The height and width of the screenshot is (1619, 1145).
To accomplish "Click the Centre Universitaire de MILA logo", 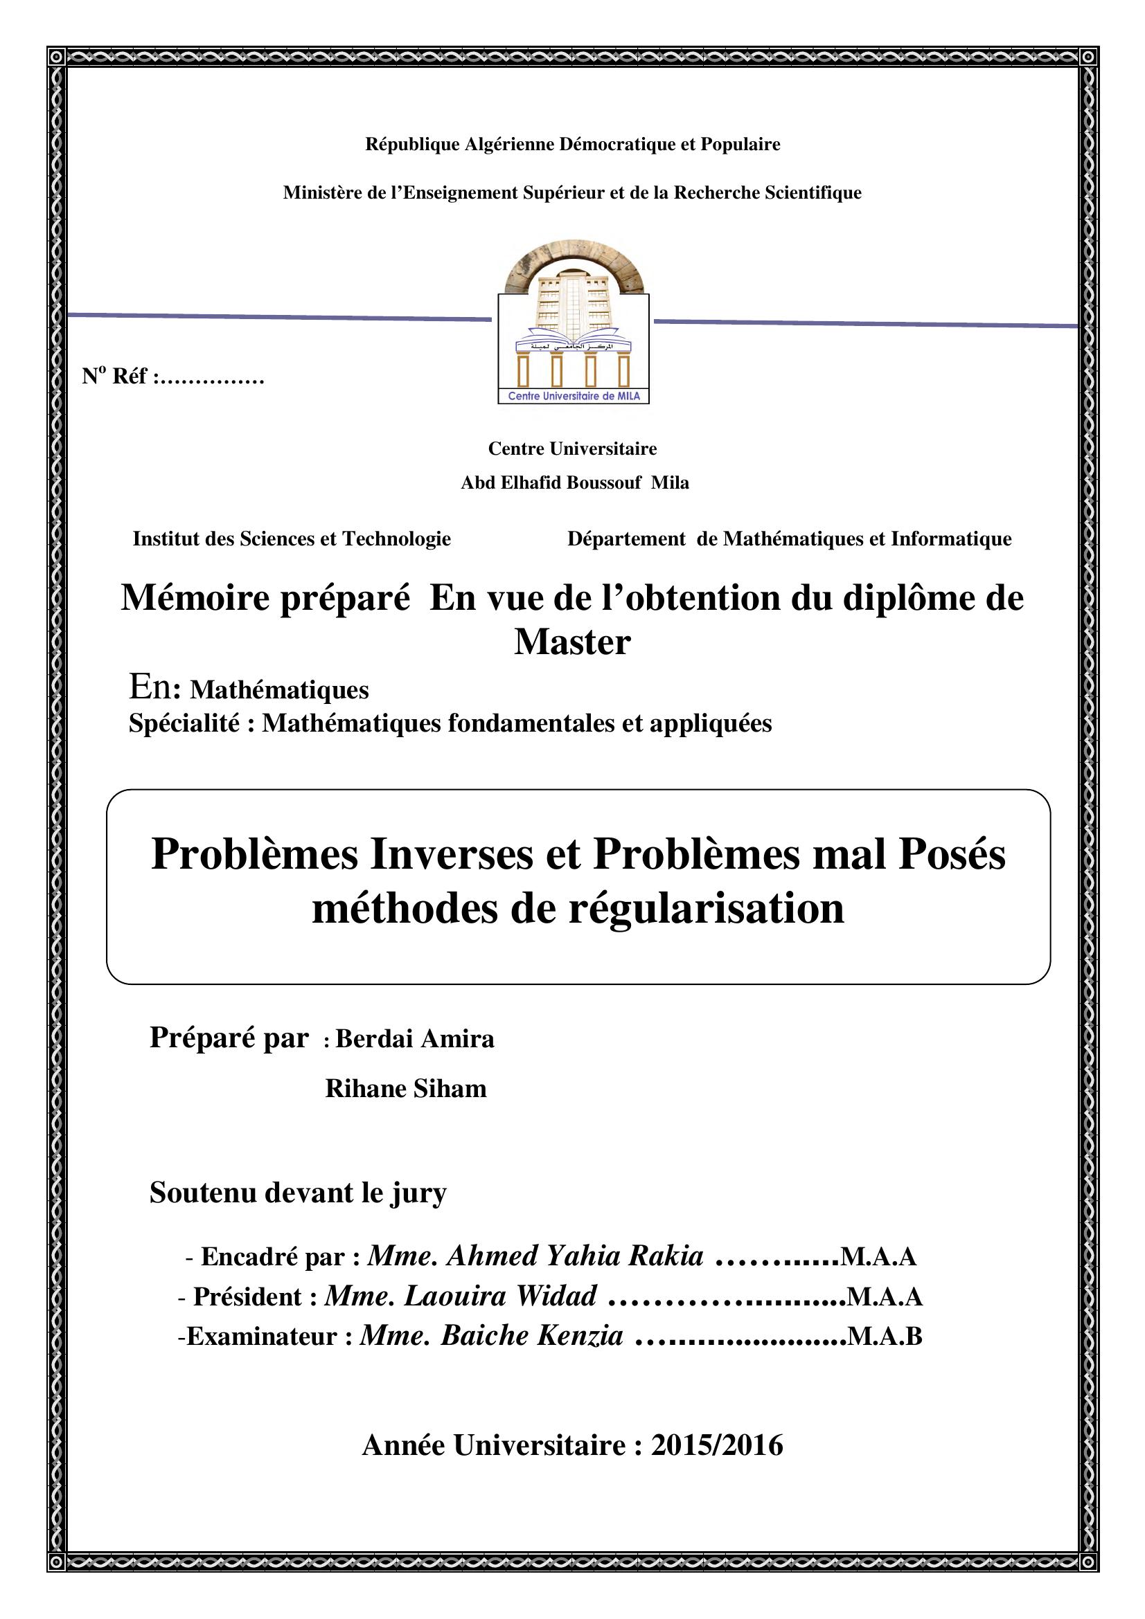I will click(573, 332).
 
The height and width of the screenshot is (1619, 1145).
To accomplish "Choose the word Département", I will click(625, 539).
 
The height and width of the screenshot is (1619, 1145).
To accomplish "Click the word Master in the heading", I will click(572, 642).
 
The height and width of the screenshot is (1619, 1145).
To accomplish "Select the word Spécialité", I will click(184, 723).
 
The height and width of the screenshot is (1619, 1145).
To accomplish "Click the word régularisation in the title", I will click(705, 909).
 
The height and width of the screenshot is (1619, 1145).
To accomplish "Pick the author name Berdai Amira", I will click(415, 1039).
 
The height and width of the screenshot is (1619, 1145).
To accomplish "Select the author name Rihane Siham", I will click(406, 1089).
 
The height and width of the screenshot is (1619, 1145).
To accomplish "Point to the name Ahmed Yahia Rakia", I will click(574, 1256).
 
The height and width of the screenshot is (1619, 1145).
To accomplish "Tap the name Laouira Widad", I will click(500, 1296).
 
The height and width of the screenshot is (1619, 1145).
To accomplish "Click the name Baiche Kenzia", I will click(532, 1335).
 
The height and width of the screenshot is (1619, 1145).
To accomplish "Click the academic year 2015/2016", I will click(717, 1446).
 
